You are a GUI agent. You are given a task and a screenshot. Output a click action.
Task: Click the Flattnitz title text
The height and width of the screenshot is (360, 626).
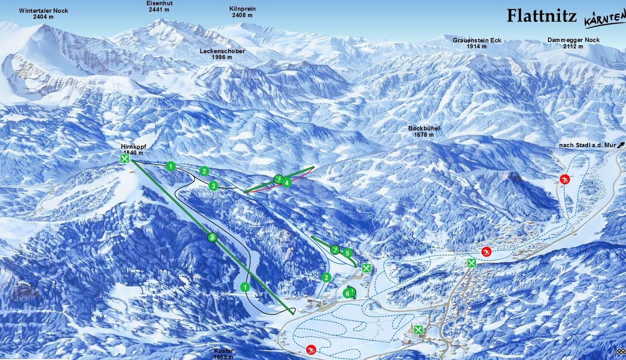[x=541, y=16]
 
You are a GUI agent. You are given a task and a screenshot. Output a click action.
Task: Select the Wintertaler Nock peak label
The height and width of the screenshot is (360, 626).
[x=43, y=13]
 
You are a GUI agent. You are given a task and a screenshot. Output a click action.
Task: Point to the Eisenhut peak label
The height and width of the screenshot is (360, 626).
[x=160, y=6]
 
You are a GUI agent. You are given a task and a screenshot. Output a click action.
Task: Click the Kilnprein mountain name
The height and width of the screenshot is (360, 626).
[x=242, y=12]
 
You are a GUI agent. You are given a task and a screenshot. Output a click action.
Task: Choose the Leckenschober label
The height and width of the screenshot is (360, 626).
[x=222, y=54]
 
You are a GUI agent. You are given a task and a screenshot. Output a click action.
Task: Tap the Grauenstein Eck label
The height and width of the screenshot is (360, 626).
[x=477, y=43]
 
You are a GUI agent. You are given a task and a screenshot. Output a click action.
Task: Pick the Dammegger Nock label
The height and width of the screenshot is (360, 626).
[x=573, y=43]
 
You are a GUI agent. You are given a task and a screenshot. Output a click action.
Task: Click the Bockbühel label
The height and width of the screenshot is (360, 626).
[x=424, y=131]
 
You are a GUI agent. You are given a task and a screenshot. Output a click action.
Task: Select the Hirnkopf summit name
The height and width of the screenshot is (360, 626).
[x=133, y=149]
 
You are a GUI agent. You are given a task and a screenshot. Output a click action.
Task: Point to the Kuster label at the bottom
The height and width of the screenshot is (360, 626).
[x=224, y=354]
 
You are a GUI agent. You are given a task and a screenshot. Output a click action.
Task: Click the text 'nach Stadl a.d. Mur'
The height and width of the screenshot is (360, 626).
[x=587, y=146]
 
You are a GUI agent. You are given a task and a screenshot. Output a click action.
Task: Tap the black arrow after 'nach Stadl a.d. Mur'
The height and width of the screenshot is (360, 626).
[x=620, y=144]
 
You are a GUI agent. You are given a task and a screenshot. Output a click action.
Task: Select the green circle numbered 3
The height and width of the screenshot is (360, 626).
[x=213, y=186]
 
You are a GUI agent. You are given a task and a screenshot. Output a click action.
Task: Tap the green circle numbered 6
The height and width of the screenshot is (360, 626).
[x=347, y=293]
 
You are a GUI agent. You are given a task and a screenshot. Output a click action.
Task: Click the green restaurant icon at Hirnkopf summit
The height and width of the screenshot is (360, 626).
[x=125, y=159]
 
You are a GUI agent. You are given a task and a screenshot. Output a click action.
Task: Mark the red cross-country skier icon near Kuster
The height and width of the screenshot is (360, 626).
[x=311, y=349]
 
